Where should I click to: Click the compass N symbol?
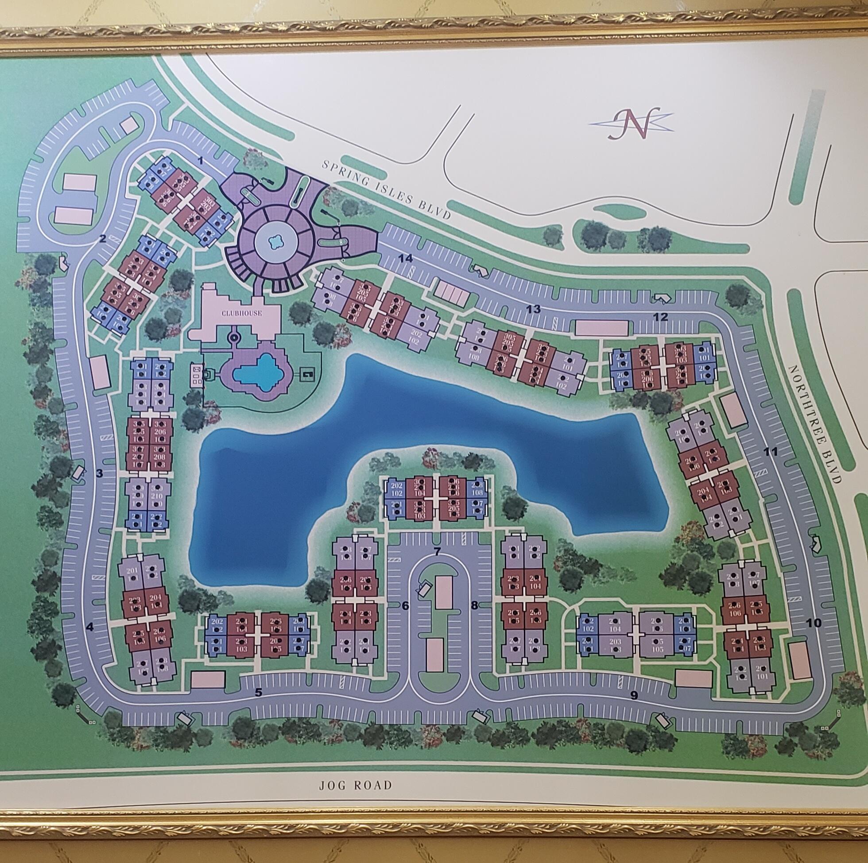click(632, 124)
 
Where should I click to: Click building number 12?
click(660, 317)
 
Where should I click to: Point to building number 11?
click(772, 453)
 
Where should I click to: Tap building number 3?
click(99, 472)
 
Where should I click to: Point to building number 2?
click(103, 239)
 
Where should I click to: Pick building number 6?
click(405, 606)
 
